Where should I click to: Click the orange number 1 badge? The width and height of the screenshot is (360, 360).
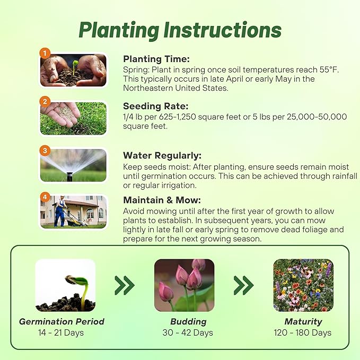(46, 53)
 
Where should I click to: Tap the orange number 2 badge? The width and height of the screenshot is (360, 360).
(46, 101)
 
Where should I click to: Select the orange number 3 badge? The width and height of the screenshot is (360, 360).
(46, 150)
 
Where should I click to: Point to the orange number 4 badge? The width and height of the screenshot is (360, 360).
(46, 197)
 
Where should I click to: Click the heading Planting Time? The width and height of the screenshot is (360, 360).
(156, 59)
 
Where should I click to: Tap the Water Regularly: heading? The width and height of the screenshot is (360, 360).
(162, 156)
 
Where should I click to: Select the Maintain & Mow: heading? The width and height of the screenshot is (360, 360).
(162, 200)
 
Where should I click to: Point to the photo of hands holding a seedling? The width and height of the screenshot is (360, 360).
(74, 71)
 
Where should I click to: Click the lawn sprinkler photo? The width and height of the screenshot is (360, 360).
(74, 166)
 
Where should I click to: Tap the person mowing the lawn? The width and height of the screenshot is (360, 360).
(62, 211)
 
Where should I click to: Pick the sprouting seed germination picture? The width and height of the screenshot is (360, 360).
(65, 285)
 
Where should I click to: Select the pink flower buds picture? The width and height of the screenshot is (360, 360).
(184, 285)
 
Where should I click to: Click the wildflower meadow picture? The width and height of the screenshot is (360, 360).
(303, 285)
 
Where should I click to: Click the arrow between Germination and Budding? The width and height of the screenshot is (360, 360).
(125, 286)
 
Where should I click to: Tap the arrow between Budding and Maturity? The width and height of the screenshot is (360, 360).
(243, 286)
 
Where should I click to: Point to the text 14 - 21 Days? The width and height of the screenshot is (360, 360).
(62, 333)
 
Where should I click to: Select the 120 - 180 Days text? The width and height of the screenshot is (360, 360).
(303, 333)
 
